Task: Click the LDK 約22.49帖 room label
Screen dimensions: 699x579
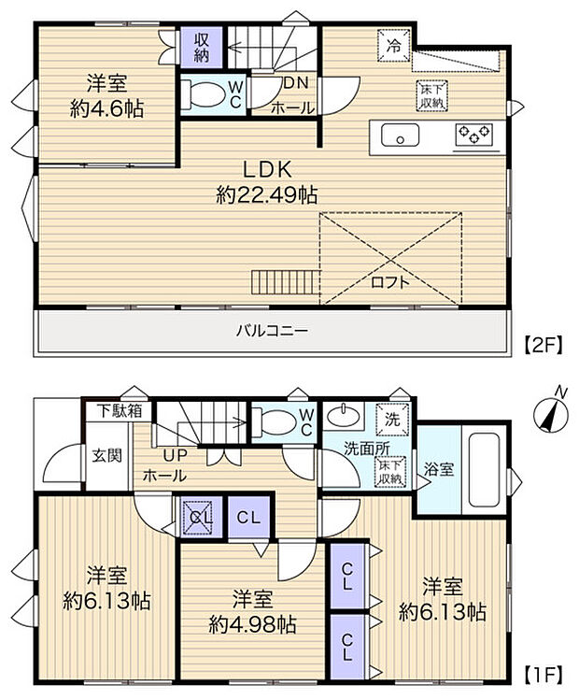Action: [x=268, y=182]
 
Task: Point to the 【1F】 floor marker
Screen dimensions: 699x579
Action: [x=543, y=673]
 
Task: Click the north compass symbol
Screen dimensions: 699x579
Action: [x=549, y=412]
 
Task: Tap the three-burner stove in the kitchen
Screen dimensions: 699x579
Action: [x=473, y=136]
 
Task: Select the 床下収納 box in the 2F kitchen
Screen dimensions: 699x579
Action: [x=431, y=95]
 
